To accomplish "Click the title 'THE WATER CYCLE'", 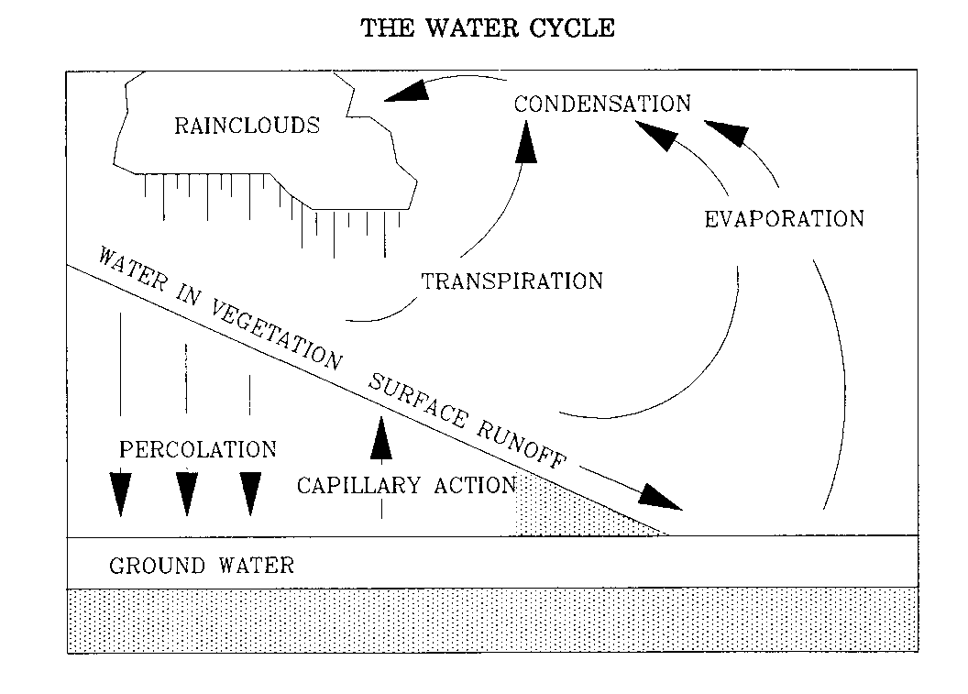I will click(487, 28).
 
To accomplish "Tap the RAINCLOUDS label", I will click(247, 125).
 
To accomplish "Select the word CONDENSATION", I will click(602, 104).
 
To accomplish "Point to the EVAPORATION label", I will click(785, 218).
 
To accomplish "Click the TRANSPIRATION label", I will click(512, 281).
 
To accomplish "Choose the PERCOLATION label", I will click(198, 450).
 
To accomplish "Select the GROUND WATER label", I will click(202, 564).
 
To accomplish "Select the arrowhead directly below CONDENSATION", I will click(525, 142).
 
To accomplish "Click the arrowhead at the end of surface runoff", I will click(661, 496).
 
